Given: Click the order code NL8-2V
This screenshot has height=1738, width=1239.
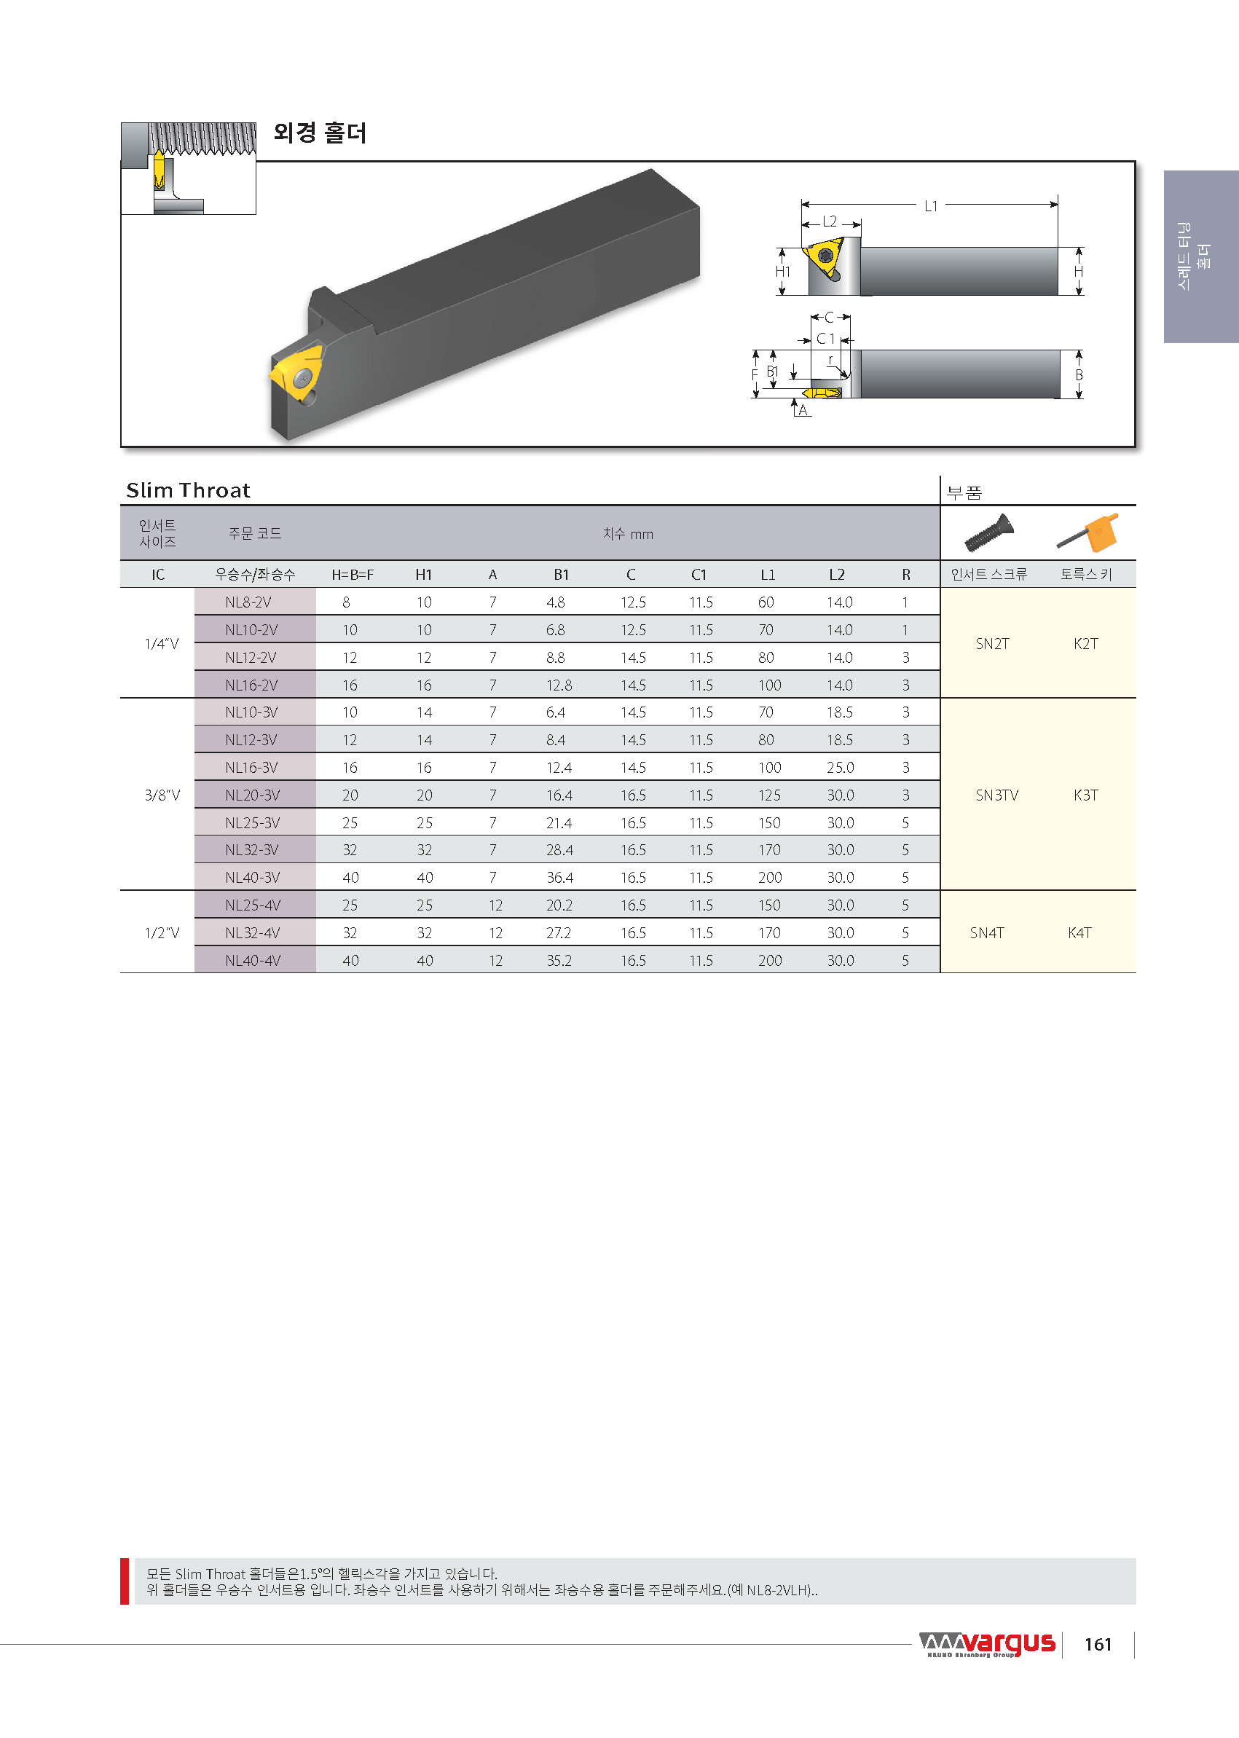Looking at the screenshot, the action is [x=248, y=602].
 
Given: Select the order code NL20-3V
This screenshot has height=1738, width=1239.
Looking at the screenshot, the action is [x=253, y=795].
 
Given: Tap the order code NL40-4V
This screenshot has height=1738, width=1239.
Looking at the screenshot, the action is [x=253, y=961].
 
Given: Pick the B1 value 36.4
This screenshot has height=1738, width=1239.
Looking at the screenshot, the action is [x=560, y=878].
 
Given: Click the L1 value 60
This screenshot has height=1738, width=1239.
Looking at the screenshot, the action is [x=766, y=602].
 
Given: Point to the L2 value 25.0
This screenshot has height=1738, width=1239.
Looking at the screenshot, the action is [x=841, y=768].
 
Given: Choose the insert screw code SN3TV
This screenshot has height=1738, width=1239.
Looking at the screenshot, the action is [x=997, y=795].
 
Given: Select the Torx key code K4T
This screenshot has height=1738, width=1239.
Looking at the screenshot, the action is [x=1079, y=932].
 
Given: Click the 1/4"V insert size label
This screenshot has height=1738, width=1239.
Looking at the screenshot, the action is [x=162, y=644].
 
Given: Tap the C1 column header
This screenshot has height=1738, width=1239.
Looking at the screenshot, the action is [x=699, y=575].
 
